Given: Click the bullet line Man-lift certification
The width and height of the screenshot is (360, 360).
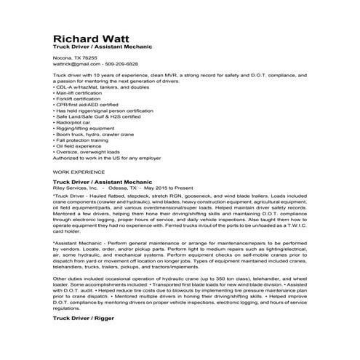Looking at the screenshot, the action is (80, 94).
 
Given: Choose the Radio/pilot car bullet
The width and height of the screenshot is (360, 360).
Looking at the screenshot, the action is (73, 123).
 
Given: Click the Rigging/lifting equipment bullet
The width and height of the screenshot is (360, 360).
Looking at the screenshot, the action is (84, 129).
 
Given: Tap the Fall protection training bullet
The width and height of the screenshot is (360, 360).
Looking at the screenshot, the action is (84, 140).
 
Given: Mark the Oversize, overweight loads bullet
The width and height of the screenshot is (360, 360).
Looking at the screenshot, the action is (87, 152).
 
